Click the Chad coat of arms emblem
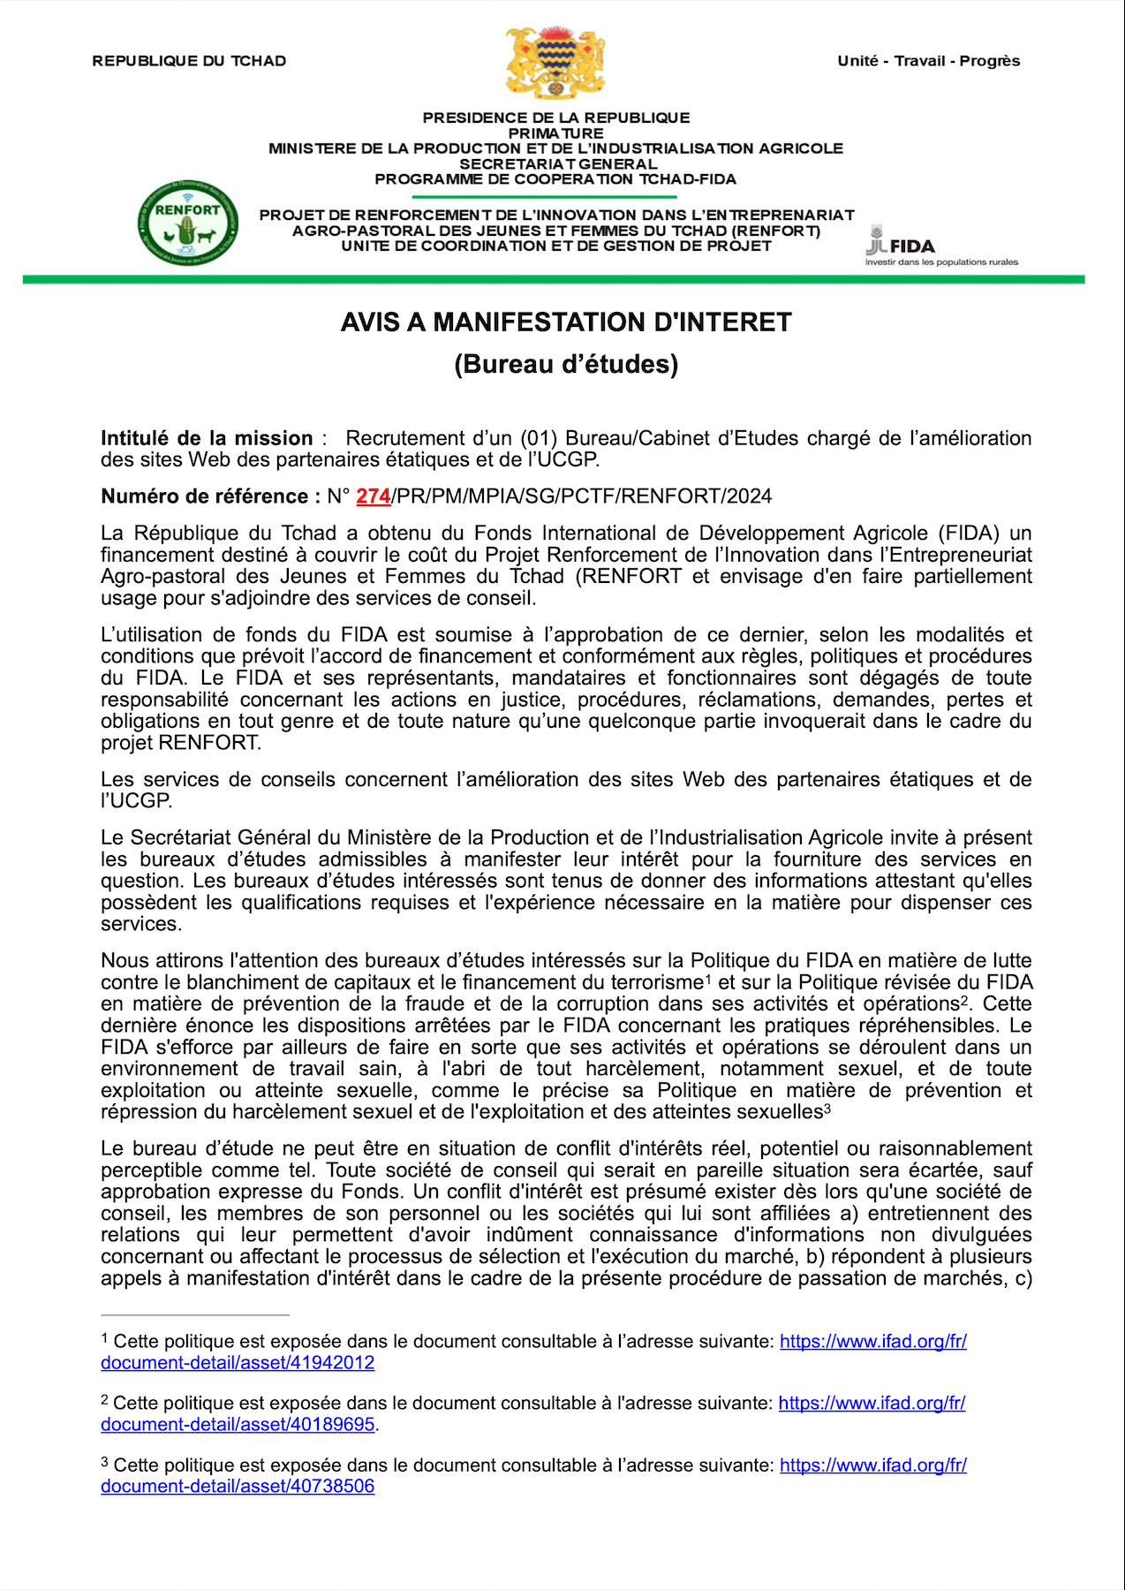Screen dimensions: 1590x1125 [x=555, y=62]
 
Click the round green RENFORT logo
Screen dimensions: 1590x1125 [x=187, y=223]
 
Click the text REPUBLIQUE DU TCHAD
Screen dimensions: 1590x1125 [x=189, y=61]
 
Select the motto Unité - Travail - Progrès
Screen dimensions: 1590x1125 [x=928, y=61]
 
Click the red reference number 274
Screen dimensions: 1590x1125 [x=373, y=496]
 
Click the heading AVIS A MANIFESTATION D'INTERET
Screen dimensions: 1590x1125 [x=566, y=322]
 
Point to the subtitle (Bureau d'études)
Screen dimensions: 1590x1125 [x=566, y=364]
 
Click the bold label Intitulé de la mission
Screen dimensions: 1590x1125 [x=207, y=438]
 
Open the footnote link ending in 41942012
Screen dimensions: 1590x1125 [x=238, y=1363]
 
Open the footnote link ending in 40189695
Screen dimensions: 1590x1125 [x=238, y=1425]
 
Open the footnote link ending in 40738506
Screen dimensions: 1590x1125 [x=238, y=1487]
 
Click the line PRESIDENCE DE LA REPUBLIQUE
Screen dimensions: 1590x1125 [x=556, y=117]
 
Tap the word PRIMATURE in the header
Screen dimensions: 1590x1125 [x=556, y=133]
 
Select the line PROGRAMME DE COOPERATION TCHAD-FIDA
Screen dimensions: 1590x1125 [x=555, y=179]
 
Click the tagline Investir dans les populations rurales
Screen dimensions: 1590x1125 [x=941, y=262]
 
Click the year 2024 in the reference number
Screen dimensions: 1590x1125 [x=750, y=496]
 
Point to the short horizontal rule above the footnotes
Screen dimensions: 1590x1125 [x=195, y=1314]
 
